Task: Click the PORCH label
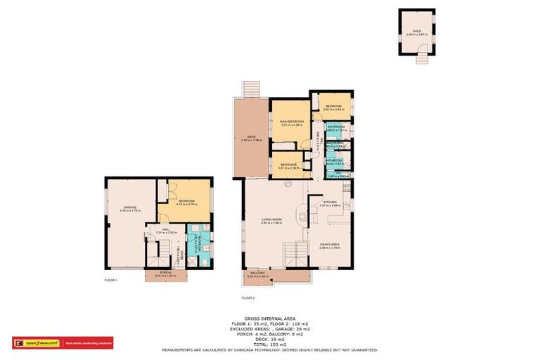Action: coord(166,274)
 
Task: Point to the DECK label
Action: coord(251,138)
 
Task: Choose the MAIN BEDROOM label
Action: coord(292,122)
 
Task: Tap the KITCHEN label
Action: coord(330,202)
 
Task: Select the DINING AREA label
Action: coord(330,245)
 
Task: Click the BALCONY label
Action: coord(257,274)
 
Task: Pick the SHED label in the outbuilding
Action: coord(416,32)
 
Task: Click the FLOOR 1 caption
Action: coord(110,281)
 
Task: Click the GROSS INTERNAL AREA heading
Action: coord(270,319)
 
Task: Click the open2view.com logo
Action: coord(38,343)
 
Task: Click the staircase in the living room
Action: coord(295,254)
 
